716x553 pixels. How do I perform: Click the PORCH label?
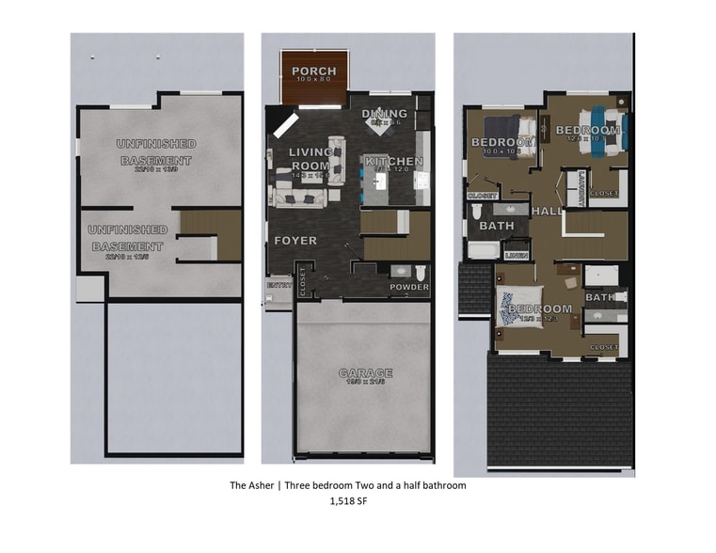(314, 71)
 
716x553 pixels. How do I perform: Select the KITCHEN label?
(394, 162)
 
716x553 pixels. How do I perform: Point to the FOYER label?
(294, 241)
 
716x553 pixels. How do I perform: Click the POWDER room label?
(409, 287)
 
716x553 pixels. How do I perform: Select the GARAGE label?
(366, 373)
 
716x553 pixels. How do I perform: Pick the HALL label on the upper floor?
(548, 212)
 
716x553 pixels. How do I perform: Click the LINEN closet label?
(516, 255)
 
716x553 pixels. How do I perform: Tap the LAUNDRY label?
(583, 188)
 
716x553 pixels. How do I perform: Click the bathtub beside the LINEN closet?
(485, 251)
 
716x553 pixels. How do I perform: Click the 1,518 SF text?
(348, 503)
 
